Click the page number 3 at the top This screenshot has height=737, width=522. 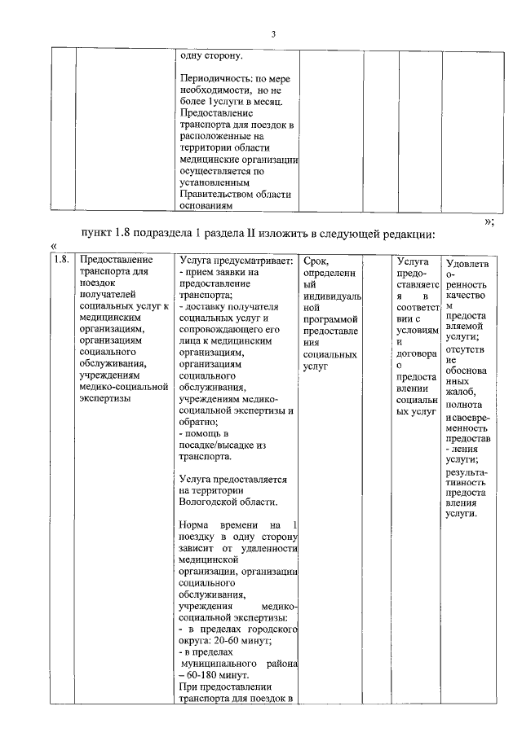[x=274, y=33]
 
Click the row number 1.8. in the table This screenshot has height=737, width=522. [x=60, y=261]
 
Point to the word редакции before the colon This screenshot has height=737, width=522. [x=407, y=235]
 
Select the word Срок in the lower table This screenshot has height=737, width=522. [x=315, y=261]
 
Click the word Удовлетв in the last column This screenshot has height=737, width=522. [x=467, y=263]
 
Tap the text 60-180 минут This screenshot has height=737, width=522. [x=219, y=674]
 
